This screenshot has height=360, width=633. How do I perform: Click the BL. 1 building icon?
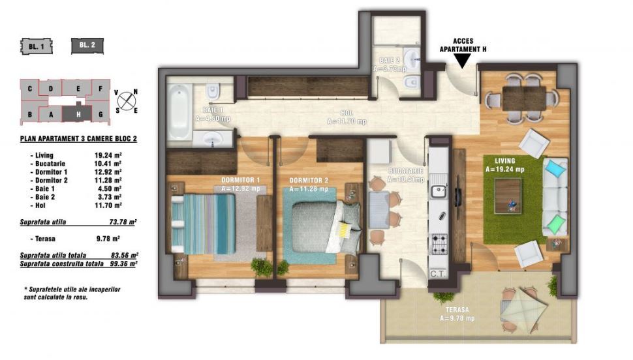pos(37,46)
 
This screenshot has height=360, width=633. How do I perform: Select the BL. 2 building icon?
pos(87,46)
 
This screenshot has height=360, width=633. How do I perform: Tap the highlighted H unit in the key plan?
pos(77,114)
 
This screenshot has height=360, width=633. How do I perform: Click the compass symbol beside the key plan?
pos(127,101)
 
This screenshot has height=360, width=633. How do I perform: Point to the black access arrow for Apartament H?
pos(463,60)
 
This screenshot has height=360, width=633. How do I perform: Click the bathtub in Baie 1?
pos(179,111)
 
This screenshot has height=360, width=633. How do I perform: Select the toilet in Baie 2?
pos(411,82)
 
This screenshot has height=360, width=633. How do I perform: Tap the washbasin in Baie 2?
pos(412,60)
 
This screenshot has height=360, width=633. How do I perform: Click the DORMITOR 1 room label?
pos(241,180)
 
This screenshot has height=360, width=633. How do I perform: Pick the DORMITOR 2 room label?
pos(309,181)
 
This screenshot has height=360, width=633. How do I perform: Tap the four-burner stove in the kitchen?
pos(439,243)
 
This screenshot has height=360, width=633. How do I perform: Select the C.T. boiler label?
pos(438,274)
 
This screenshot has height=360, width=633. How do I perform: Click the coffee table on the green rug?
pos(508,196)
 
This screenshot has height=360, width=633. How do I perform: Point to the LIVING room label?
pos(504,160)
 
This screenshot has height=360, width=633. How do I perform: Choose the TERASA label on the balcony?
pos(457,310)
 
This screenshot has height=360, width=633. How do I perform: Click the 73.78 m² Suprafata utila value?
pos(123,222)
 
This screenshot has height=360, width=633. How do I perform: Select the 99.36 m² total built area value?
pos(123,264)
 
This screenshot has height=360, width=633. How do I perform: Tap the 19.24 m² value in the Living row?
pos(108,155)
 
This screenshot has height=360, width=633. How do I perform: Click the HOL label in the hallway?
pos(347,113)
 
